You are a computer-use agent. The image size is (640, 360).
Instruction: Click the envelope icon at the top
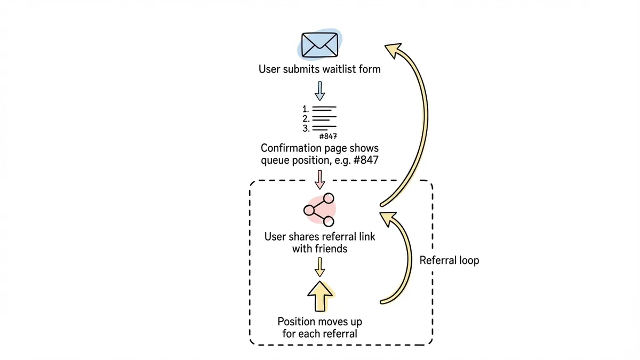319,45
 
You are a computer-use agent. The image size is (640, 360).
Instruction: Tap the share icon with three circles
319,210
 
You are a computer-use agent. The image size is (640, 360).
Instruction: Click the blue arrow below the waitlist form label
319,90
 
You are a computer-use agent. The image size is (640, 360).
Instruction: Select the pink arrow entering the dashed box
319,179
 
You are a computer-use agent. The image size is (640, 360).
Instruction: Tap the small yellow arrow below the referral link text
319,266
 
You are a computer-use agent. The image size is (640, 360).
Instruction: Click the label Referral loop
449,260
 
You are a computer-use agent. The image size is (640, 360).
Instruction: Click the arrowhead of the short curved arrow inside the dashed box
388,218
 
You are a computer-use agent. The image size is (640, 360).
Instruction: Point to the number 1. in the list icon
306,109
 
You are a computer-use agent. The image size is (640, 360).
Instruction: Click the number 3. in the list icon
306,129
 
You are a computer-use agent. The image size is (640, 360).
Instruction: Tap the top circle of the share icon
329,198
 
